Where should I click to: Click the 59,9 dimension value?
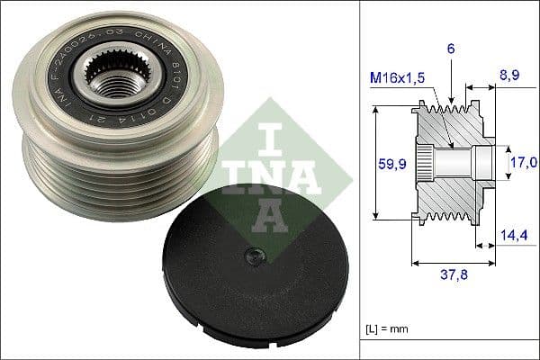coord(387,164)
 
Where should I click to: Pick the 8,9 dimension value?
coord(510,77)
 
